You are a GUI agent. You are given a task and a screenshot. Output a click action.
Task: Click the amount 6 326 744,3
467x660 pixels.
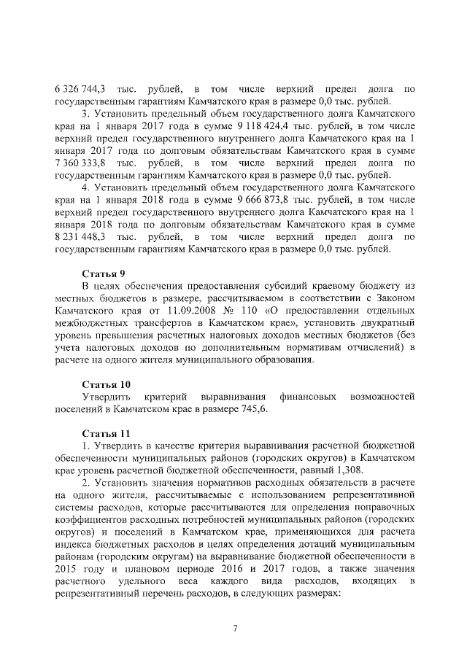(x=80, y=89)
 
